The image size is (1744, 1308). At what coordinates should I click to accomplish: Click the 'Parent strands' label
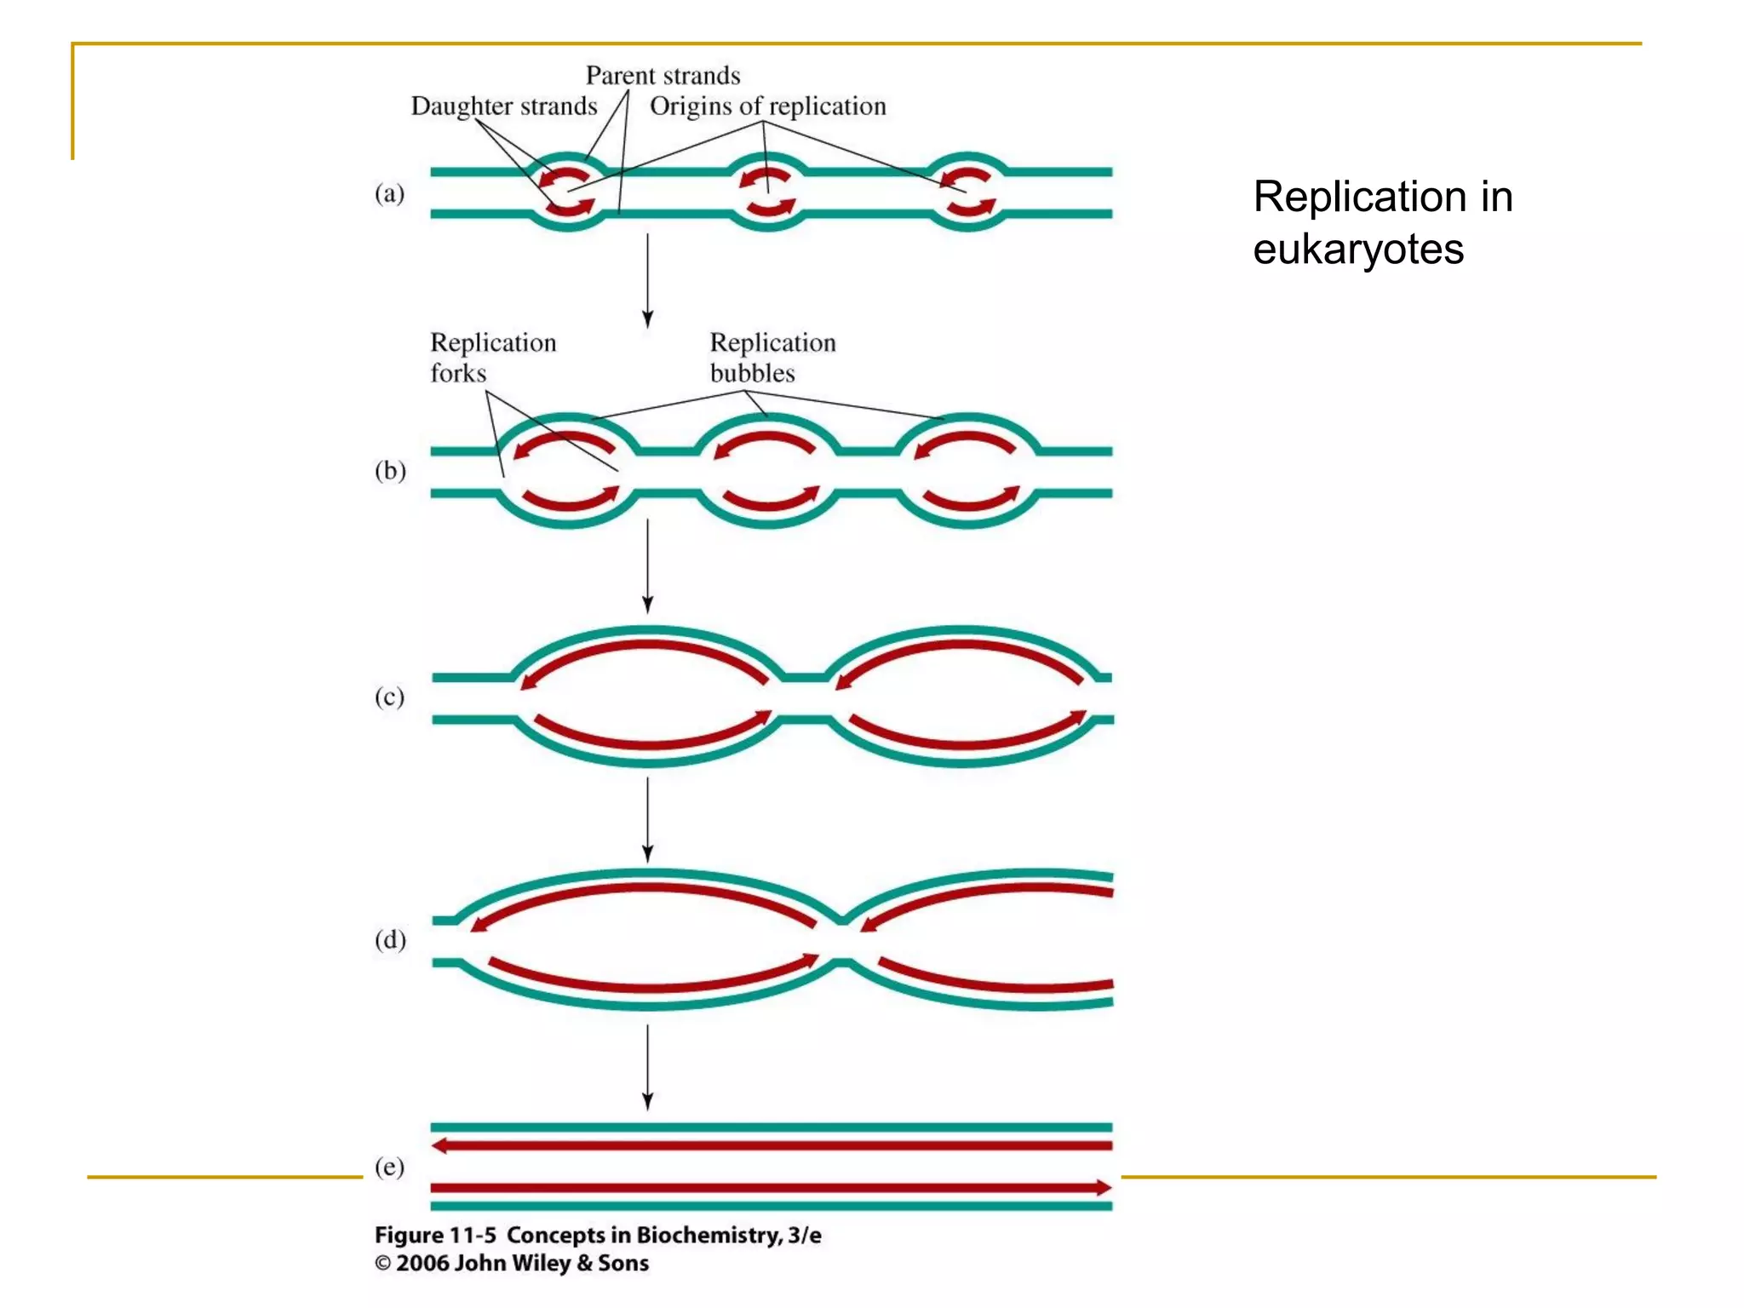coord(663,76)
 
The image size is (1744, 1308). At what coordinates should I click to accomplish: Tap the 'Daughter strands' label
coord(504,106)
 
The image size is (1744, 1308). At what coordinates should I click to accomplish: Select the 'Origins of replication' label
coord(767,106)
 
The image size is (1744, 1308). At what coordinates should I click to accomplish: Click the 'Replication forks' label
coord(492,358)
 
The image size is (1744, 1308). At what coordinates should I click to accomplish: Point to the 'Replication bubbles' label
coord(772,358)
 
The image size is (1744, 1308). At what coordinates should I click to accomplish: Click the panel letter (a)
coord(389,194)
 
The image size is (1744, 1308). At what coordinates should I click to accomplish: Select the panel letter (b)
coord(390,471)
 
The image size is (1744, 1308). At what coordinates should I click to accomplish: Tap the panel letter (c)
coord(389,697)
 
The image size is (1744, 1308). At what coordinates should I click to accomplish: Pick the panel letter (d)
coord(390,940)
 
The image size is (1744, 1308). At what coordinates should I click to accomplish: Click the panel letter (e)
coord(389,1167)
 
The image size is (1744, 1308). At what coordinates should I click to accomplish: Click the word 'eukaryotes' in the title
coord(1357,250)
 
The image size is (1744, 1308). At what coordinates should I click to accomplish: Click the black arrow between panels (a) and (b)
coord(647,281)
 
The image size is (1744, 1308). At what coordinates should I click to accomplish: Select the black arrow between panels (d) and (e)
coord(647,1068)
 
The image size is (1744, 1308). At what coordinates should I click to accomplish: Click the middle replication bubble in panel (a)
coord(767,193)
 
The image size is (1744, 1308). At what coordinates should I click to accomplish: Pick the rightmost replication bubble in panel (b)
coord(967,471)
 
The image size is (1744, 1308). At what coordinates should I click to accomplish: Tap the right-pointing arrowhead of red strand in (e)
coord(1104,1188)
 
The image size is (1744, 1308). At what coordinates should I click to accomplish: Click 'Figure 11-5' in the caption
coord(435,1236)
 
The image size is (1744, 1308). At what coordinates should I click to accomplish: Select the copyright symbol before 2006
coord(382,1264)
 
